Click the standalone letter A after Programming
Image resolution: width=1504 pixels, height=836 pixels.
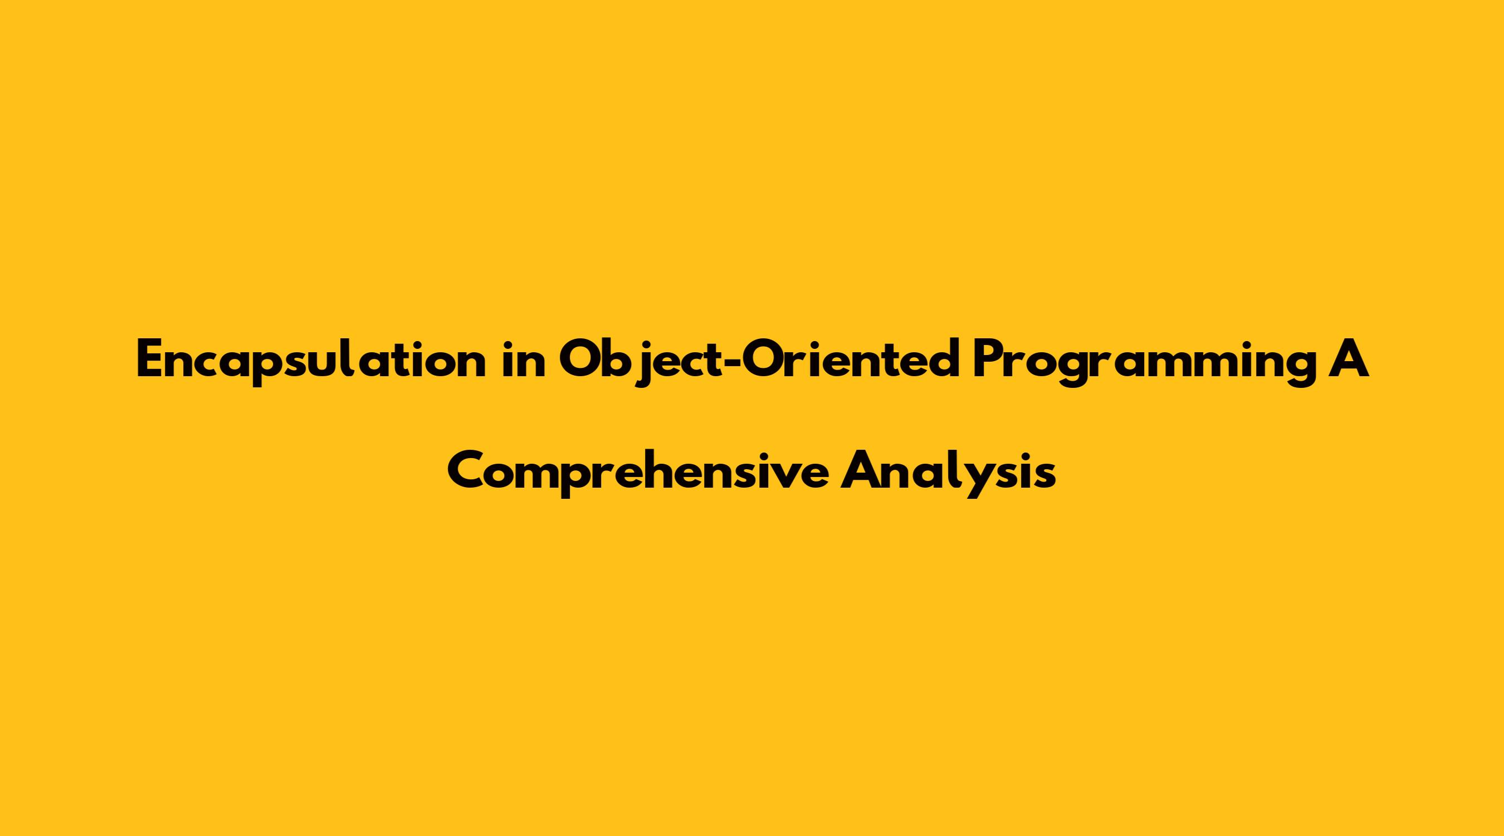1349,361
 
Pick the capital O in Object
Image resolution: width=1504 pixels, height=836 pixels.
579,361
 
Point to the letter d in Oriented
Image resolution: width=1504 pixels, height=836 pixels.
944,361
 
